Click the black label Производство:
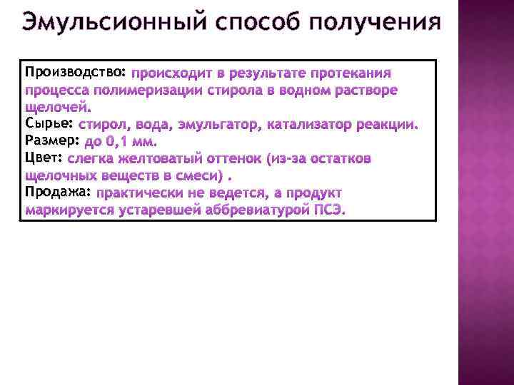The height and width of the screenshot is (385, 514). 76,73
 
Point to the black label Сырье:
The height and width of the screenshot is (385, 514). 48,124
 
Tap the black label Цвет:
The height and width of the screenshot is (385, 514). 44,158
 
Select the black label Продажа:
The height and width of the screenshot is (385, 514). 58,192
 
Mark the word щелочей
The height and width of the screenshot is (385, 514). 58,108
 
